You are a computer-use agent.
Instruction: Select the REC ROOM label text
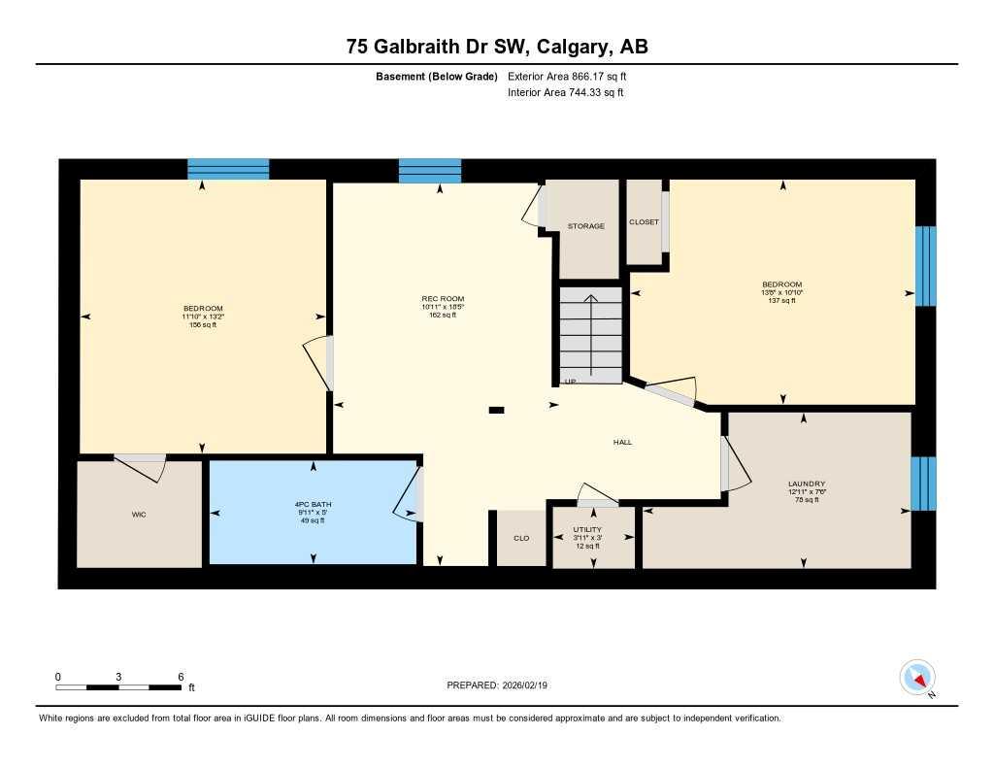(x=443, y=299)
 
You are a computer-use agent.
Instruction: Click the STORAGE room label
(x=586, y=226)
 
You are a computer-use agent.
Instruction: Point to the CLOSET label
(x=644, y=222)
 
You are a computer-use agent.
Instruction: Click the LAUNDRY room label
(x=807, y=484)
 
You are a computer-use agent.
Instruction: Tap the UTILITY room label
(x=587, y=530)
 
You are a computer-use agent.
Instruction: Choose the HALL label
(x=622, y=442)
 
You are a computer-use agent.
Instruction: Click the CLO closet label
(x=521, y=538)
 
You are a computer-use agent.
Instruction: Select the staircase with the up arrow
(x=590, y=335)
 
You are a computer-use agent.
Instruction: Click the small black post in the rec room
(x=496, y=411)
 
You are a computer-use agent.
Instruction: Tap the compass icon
(x=917, y=677)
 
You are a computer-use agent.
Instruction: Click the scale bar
(x=118, y=687)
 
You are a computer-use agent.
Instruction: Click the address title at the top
(x=497, y=47)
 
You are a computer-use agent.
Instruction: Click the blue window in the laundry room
(x=923, y=484)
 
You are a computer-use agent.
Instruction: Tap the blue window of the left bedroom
(x=228, y=169)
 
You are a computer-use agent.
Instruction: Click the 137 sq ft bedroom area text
(x=781, y=300)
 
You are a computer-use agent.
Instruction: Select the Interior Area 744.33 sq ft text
(x=566, y=93)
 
